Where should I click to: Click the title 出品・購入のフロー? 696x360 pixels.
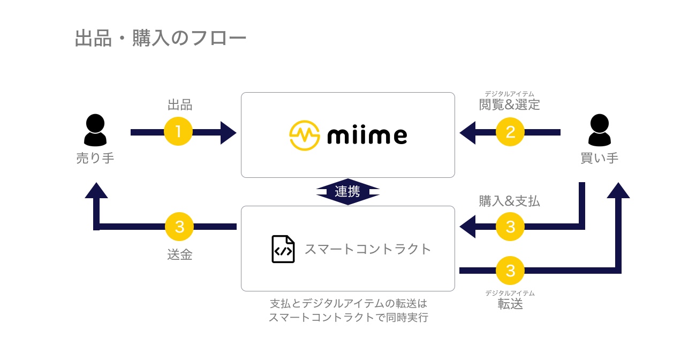coord(161,39)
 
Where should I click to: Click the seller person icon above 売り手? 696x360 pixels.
coord(95,131)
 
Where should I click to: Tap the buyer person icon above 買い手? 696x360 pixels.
coord(599,131)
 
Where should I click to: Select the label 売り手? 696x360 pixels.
coord(95,158)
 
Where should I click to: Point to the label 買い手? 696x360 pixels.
coord(599,158)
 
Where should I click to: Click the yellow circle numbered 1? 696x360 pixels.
coord(178,132)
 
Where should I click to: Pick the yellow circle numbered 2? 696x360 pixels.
coord(510,132)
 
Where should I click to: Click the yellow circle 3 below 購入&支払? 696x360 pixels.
coord(510,227)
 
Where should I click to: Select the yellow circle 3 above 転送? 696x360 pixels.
coord(510,270)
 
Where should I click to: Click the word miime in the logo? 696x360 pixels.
coord(367,136)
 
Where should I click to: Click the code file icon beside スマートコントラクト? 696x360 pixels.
coord(283,249)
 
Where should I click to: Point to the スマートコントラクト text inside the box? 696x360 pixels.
coord(368,249)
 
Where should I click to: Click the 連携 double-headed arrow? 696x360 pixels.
coord(347,192)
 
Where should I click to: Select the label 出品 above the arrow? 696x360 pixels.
coord(180,105)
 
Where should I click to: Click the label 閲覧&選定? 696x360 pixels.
coord(509,105)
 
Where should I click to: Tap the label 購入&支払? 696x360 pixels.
coord(509,201)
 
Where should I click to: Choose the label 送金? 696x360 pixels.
coord(180,255)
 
